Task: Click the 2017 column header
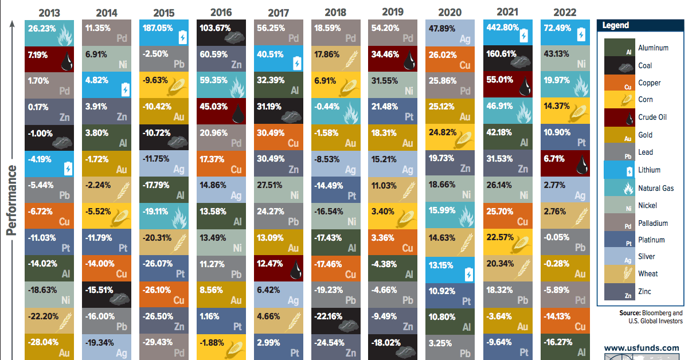point(278,11)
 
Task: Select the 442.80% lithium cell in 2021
point(507,33)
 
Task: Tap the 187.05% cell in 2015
point(164,33)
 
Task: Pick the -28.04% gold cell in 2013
point(50,346)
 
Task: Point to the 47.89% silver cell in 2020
point(450,33)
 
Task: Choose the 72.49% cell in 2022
point(564,33)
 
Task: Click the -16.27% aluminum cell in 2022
point(564,346)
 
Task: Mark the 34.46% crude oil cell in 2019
point(393,59)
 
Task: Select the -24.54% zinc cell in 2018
point(335,346)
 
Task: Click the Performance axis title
point(11,201)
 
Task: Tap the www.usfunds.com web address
point(641,347)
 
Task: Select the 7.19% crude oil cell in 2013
point(50,59)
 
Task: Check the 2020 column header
point(450,11)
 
